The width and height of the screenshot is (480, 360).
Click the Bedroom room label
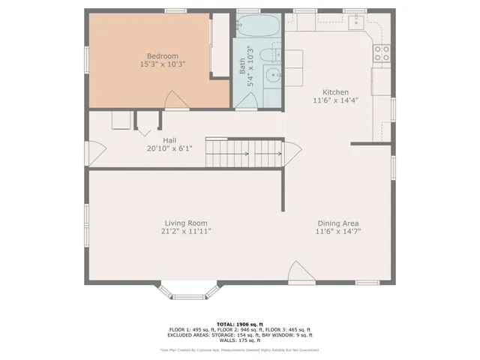162,56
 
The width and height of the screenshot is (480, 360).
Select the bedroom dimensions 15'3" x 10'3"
162,65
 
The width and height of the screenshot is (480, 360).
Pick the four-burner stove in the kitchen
382,52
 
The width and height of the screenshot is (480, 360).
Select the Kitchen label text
335,92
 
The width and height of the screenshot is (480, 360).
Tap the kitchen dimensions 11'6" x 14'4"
335,101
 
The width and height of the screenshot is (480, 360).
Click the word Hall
169,139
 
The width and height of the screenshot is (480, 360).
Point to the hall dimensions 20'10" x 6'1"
169,148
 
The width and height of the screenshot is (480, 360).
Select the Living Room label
186,223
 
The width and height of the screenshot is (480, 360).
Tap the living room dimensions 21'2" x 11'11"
186,232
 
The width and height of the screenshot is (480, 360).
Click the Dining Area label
335,223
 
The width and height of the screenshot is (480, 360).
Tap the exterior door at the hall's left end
94,153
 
